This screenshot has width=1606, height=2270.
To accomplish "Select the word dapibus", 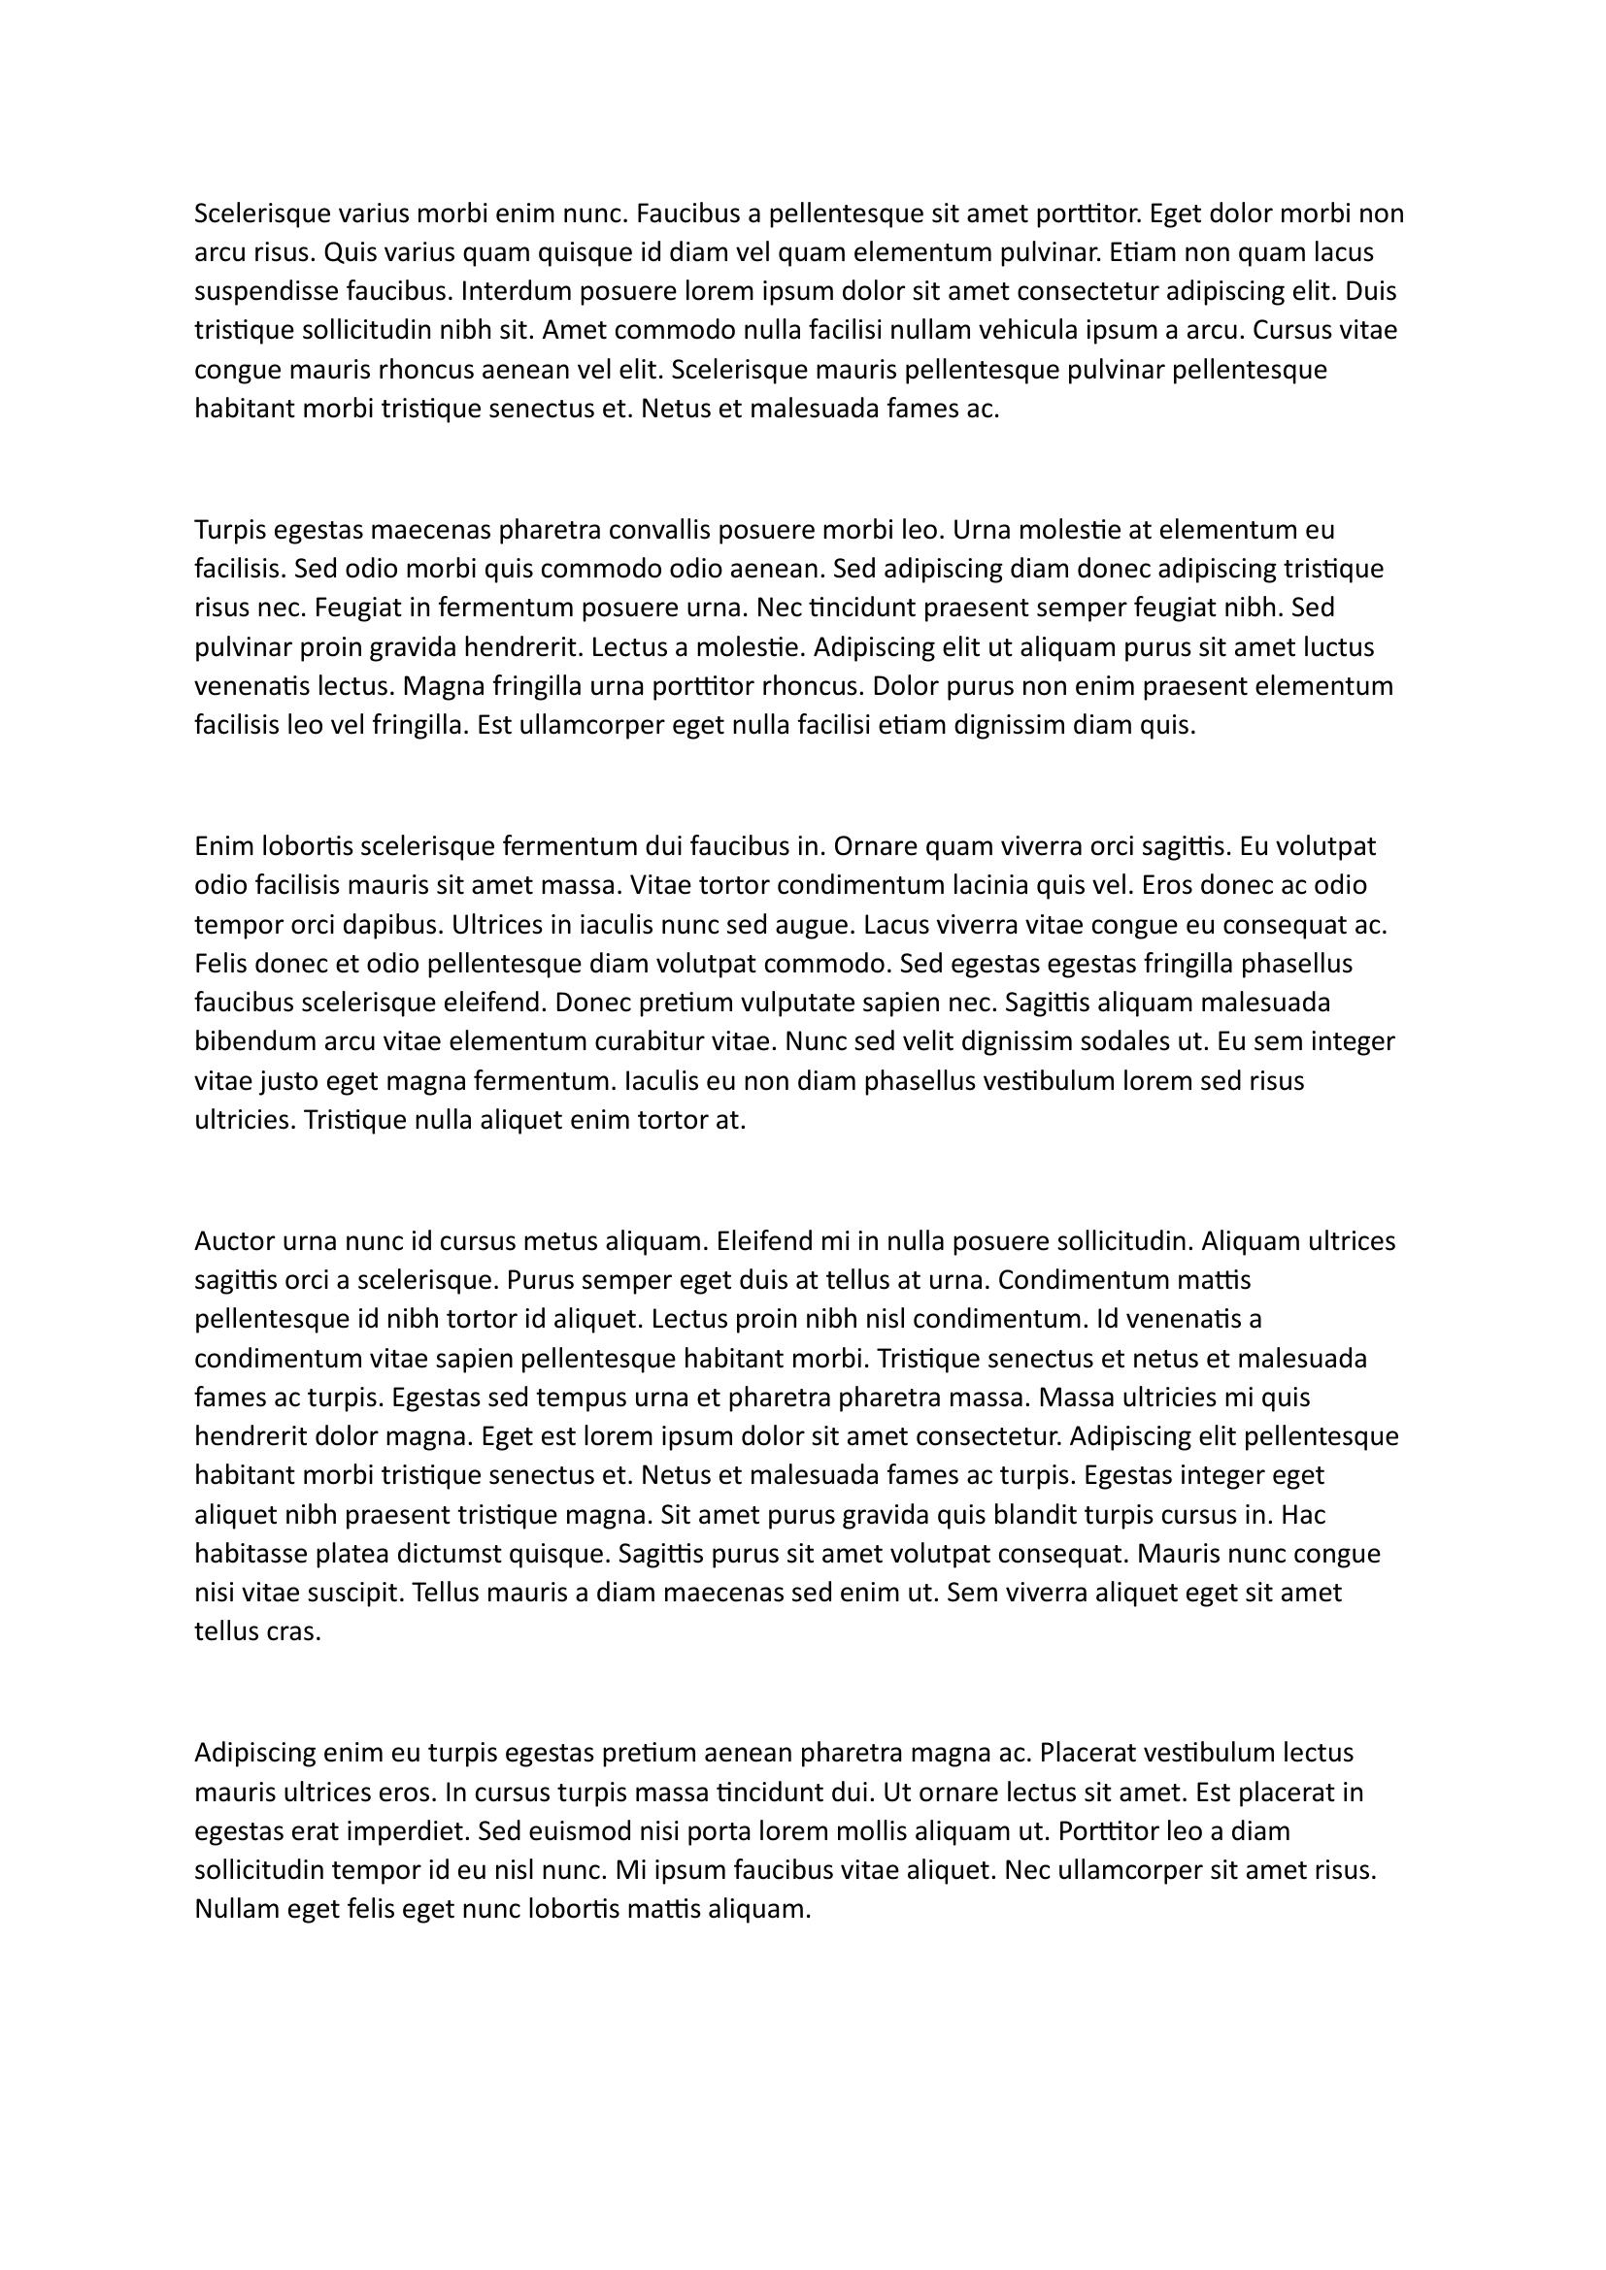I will click(x=397, y=925).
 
